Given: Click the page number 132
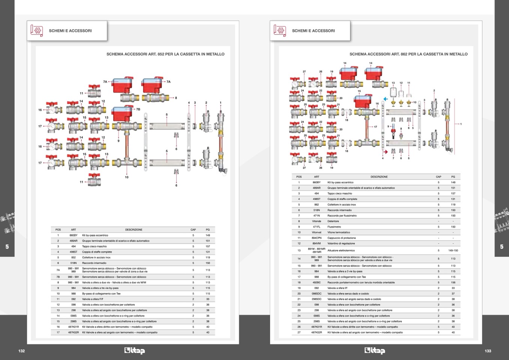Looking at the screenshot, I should (21, 351).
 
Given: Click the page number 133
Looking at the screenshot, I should (488, 351).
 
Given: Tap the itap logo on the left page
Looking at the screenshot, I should (134, 351).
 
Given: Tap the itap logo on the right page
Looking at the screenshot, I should (375, 351).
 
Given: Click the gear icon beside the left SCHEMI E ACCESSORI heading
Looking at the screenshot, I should (37, 30).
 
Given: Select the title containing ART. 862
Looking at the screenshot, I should (408, 54).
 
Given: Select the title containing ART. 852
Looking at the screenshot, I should (165, 54).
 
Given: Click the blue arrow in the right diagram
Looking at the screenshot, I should (385, 99).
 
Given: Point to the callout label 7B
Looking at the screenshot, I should (138, 109).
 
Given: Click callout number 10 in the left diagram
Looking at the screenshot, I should (126, 177).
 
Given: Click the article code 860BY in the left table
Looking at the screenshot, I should (73, 235).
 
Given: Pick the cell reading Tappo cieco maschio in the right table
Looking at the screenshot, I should (340, 193).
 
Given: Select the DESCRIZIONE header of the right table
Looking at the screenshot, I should (379, 177).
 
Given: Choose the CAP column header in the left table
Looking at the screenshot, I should (193, 230).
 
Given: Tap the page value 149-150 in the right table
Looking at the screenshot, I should (453, 250).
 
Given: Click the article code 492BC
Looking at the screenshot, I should (316, 282).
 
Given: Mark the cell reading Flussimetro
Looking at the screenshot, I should (334, 227).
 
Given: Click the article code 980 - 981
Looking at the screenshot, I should (73, 282).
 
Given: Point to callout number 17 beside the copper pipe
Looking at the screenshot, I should (375, 127).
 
